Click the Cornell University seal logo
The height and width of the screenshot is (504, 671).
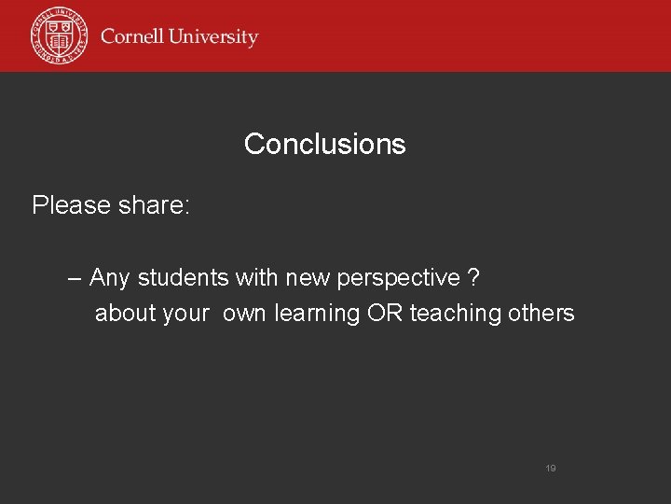tap(59, 35)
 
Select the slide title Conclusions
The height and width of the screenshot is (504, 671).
tap(324, 144)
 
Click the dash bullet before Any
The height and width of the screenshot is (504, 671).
tap(75, 278)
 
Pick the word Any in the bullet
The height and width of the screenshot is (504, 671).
tap(110, 278)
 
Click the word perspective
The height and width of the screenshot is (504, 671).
tap(398, 279)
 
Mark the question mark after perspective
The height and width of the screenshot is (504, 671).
tap(474, 278)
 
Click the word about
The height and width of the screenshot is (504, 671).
tap(125, 314)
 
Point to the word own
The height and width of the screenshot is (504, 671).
tap(244, 314)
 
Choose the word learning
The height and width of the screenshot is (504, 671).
tap(317, 315)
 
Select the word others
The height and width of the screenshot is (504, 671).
tap(541, 314)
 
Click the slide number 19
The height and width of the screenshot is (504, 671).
tap(550, 469)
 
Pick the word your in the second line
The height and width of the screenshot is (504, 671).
tap(185, 315)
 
